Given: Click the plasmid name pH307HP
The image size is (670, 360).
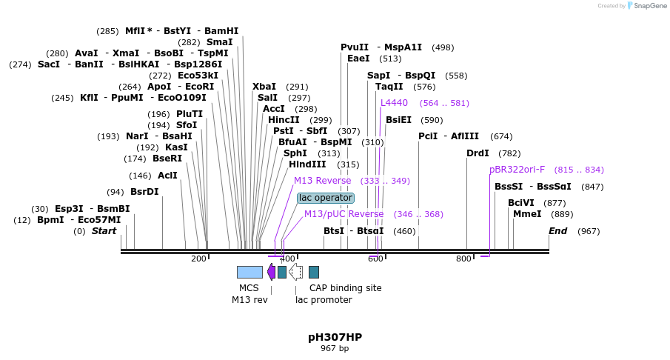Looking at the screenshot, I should coord(335,337).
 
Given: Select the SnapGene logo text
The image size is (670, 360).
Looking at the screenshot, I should coord(649,6).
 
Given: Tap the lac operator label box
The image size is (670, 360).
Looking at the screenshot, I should coord(326,198).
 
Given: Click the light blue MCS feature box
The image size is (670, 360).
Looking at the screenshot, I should coord(249,272).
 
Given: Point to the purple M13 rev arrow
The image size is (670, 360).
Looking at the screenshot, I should coord(271,272).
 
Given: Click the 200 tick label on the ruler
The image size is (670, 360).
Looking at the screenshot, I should coord(198,259).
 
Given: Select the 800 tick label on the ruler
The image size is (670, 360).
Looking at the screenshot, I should coord(463,259).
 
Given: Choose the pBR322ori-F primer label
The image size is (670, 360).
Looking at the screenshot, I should coord(517,170).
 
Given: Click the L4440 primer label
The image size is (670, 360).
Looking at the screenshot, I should coord(394,103).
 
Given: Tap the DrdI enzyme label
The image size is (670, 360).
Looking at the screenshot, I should coord(478,153).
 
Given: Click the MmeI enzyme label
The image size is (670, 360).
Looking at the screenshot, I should coord(527,214).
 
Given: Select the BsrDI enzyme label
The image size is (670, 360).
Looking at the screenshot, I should coord(144,192).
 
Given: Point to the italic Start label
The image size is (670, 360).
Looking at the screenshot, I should coord(104,231).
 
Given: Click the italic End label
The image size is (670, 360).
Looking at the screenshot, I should coord(557,231).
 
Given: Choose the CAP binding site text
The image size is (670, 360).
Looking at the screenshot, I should coord(345,287).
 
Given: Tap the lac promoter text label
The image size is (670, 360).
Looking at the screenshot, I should coord(324,299).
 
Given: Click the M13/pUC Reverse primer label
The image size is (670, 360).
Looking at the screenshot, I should coord(344,214).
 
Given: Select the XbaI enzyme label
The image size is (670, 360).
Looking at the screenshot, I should coord(264,87).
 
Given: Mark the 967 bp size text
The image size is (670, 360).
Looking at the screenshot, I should coord(335,348).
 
